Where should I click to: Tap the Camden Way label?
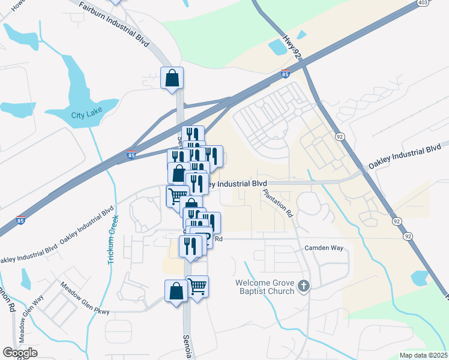click(x=324, y=247)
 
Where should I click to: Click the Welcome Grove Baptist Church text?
click(x=265, y=287)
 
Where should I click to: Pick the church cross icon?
click(x=304, y=286)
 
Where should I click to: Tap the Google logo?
click(x=20, y=353)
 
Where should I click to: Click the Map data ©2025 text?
click(x=423, y=355)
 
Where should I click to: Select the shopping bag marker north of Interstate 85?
click(x=172, y=78)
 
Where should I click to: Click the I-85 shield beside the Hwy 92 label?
click(x=285, y=74)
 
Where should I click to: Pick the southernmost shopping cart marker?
click(x=197, y=287)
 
